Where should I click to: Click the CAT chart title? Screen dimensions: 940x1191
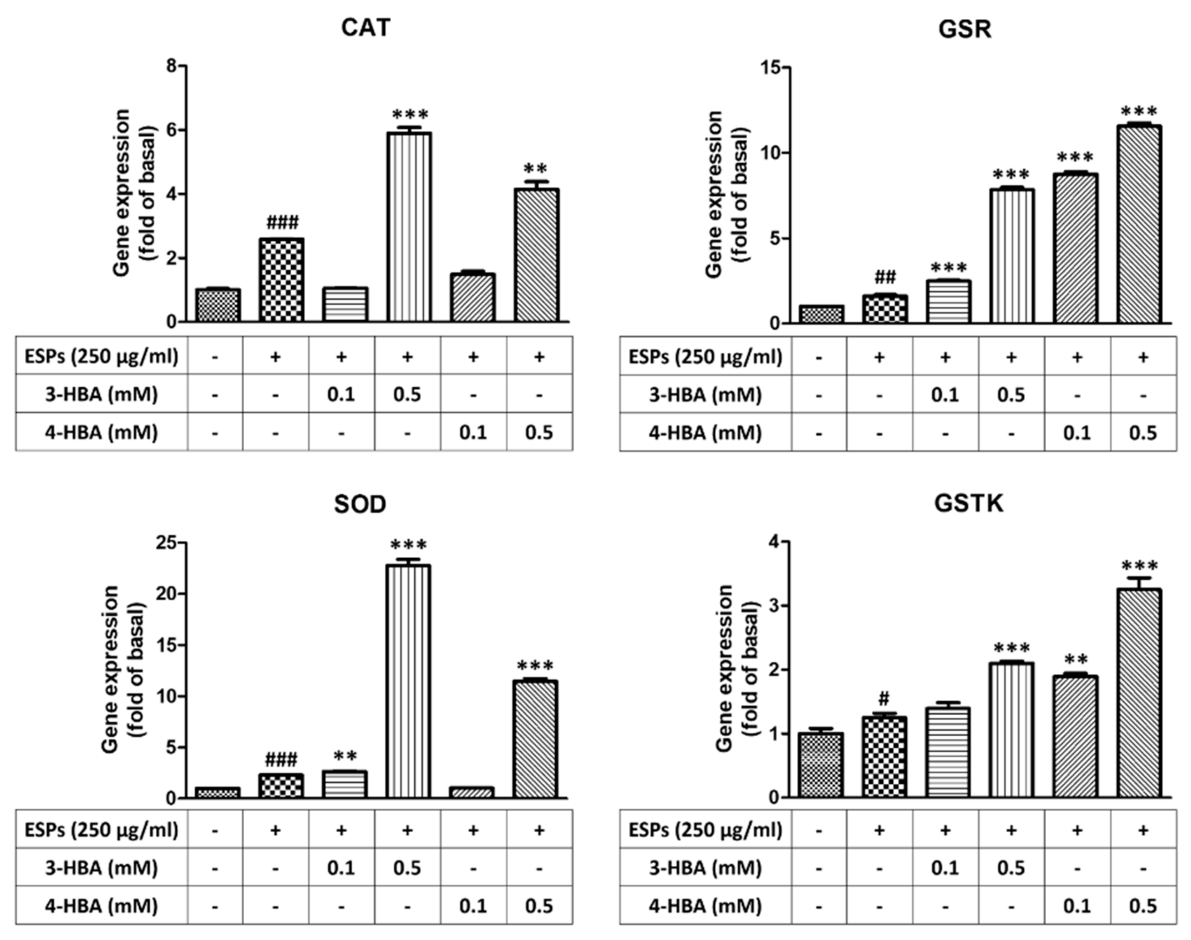pos(365,28)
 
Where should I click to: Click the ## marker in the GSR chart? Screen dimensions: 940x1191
pos(885,276)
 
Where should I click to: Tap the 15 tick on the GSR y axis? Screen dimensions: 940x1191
pos(772,68)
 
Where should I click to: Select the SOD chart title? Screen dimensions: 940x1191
pos(360,504)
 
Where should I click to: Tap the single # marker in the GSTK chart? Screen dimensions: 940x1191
pos(883,699)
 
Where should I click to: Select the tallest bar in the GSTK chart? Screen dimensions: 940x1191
pos(1139,693)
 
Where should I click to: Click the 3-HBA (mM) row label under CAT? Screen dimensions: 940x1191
pos(101,395)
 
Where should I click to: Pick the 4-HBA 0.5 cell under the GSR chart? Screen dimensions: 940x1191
pos(1143,432)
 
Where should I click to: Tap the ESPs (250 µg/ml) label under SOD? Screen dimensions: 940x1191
pos(101,829)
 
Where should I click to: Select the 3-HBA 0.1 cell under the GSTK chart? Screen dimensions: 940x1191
pos(945,868)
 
